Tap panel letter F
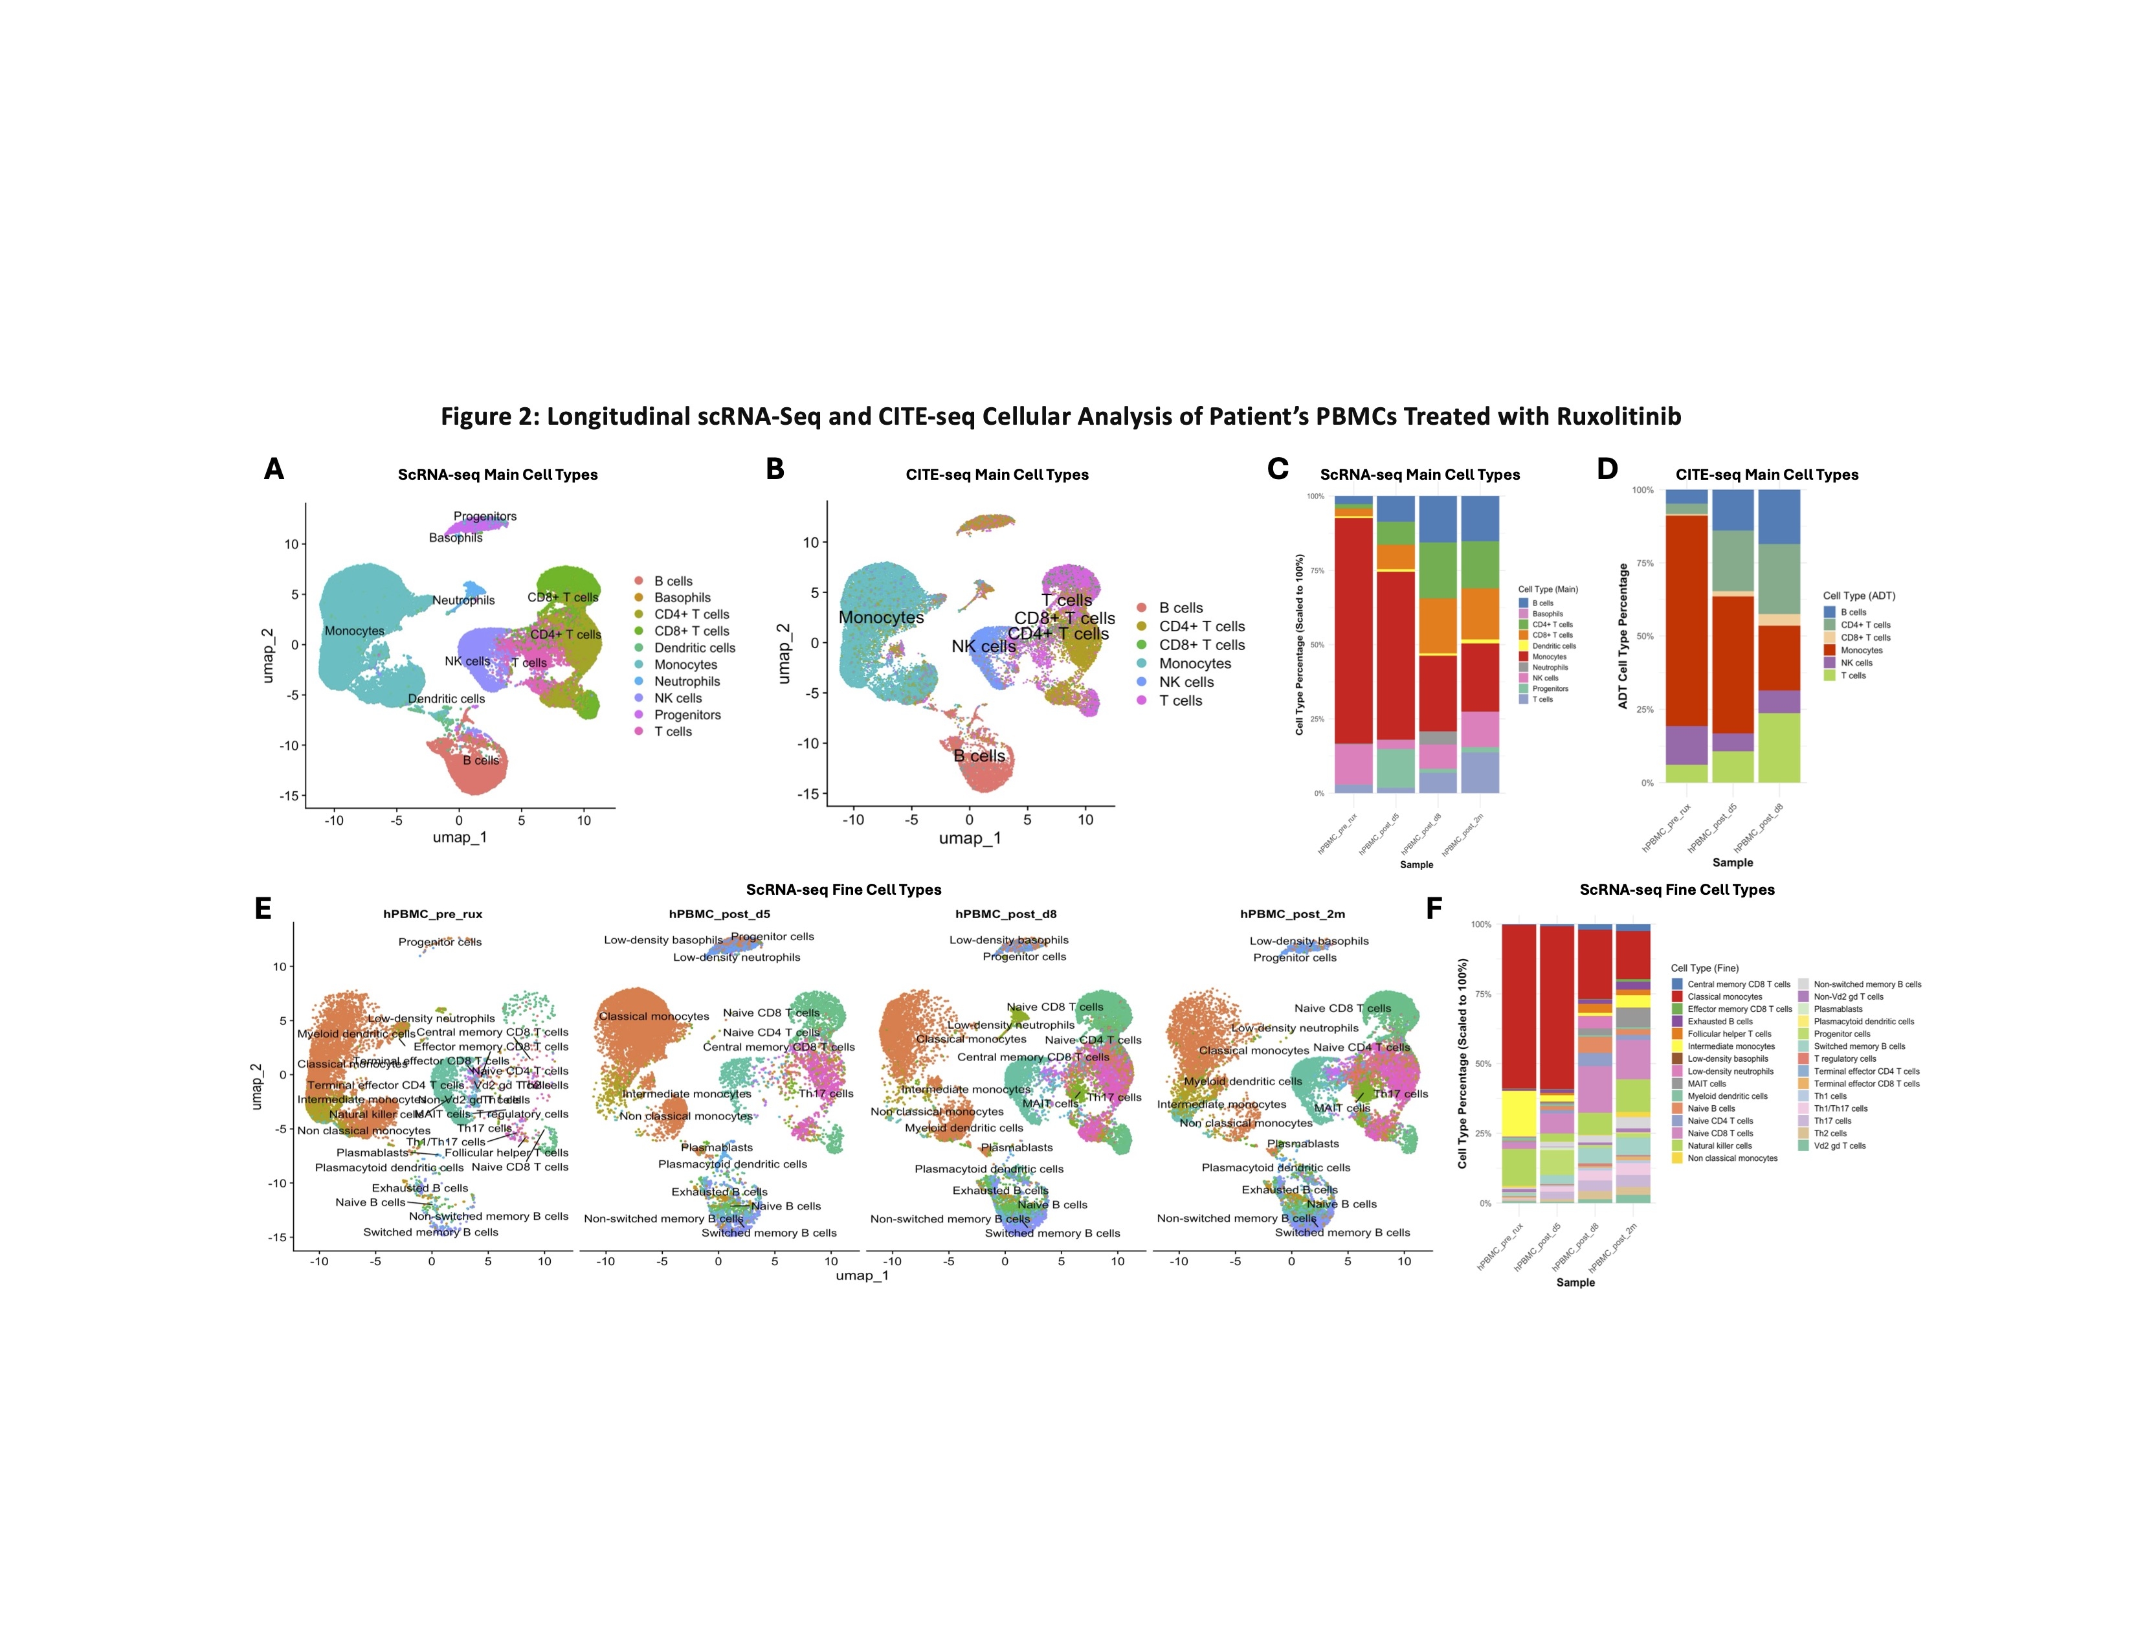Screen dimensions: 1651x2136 tap(1434, 908)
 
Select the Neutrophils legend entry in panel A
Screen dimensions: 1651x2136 tap(687, 682)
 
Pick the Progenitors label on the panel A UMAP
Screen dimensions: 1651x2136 tap(485, 517)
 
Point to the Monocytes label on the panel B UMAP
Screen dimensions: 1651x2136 tap(881, 617)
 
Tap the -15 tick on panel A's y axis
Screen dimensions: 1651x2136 tap(289, 796)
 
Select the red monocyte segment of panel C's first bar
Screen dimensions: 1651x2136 tap(1353, 626)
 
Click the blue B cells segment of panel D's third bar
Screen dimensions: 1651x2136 tap(1778, 517)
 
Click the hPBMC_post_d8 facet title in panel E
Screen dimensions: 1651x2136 tap(1005, 914)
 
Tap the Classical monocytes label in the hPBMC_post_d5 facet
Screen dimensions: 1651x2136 tap(653, 1016)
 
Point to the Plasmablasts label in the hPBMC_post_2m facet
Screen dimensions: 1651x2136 tap(1303, 1143)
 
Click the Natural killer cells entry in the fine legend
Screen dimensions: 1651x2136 tap(1719, 1146)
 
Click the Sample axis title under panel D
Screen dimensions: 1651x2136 tap(1732, 862)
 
